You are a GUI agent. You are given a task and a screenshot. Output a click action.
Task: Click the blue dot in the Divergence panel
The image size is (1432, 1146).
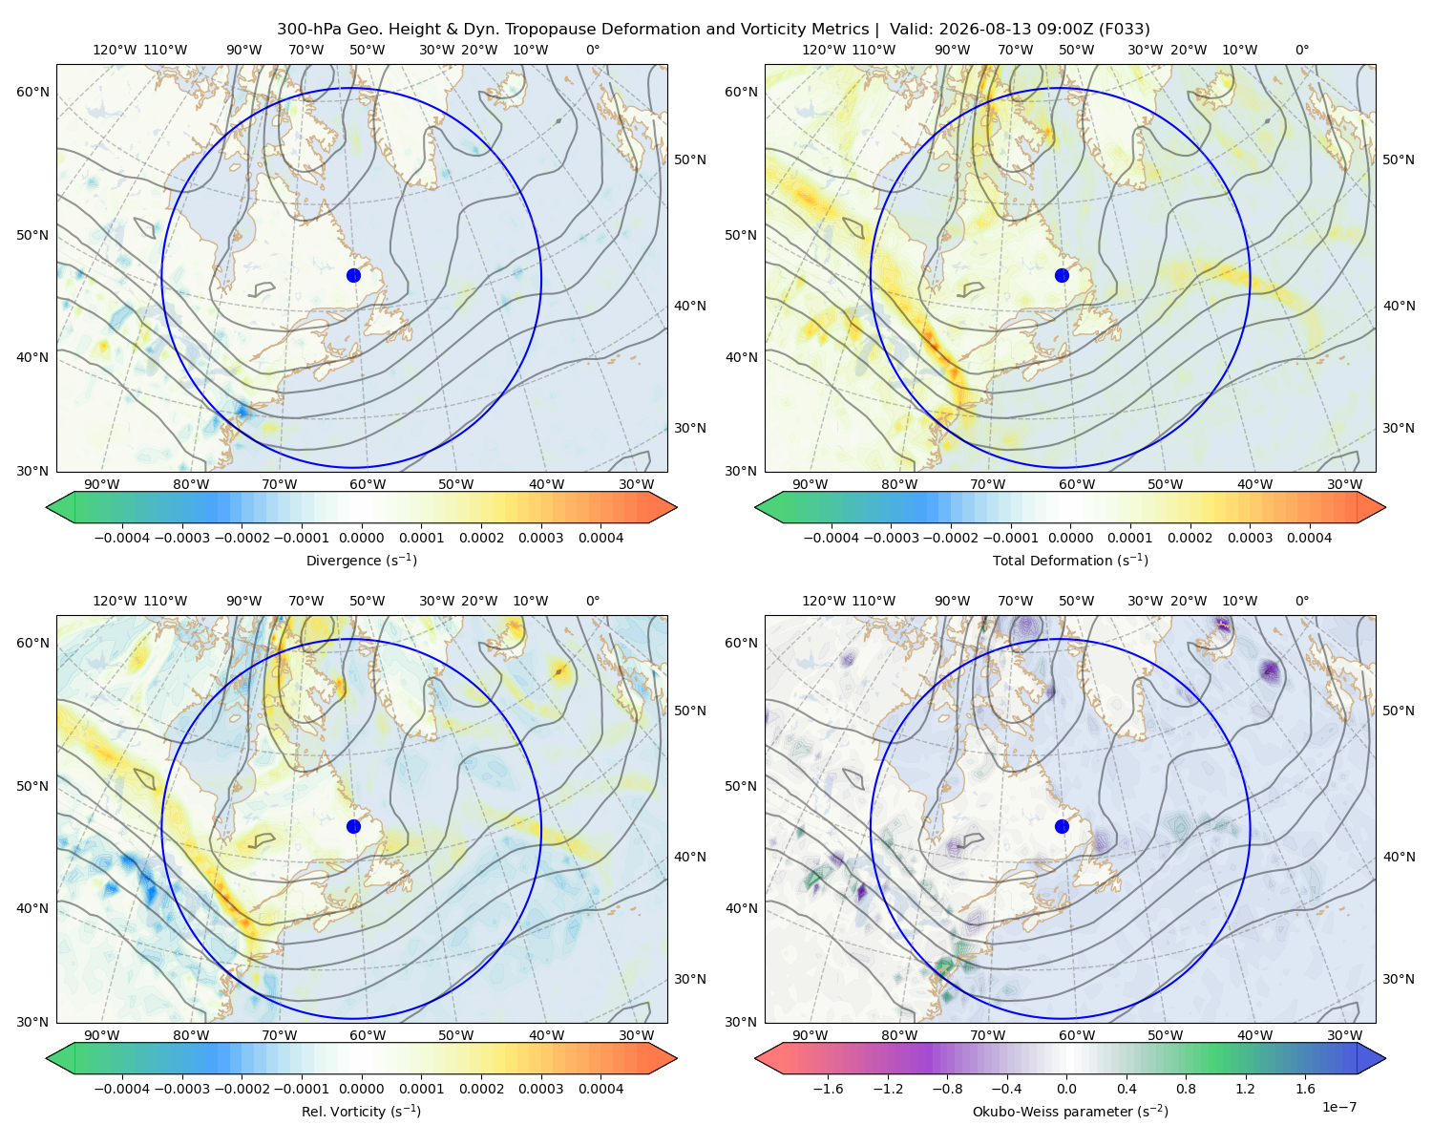click(x=353, y=275)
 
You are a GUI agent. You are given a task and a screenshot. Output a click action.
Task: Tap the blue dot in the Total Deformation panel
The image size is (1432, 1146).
click(x=1062, y=275)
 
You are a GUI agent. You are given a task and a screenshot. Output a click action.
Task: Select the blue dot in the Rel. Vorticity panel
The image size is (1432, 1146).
click(x=353, y=826)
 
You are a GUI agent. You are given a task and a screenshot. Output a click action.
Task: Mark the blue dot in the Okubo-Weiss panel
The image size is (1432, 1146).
click(x=1062, y=826)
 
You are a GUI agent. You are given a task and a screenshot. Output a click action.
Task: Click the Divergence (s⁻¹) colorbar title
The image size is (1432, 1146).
click(x=361, y=561)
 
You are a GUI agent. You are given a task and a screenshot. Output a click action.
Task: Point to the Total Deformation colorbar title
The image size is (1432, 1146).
click(x=1070, y=561)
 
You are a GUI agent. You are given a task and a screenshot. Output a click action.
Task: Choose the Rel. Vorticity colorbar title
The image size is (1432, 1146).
click(x=361, y=1112)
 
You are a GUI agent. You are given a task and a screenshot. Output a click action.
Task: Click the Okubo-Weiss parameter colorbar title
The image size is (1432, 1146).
click(x=1070, y=1112)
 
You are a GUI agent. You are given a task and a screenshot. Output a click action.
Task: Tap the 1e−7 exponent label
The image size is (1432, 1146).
click(x=1338, y=1108)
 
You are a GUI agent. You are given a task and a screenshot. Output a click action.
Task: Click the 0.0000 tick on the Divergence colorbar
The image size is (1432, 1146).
click(x=361, y=538)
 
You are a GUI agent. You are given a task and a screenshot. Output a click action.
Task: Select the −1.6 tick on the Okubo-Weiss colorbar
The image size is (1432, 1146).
click(x=828, y=1089)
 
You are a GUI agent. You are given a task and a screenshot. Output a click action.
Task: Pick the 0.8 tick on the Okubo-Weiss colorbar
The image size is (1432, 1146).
click(x=1186, y=1089)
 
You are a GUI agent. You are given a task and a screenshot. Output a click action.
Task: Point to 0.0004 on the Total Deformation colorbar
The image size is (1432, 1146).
click(x=1309, y=538)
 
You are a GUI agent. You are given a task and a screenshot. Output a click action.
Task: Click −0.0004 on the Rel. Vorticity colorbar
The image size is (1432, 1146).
click(x=122, y=1089)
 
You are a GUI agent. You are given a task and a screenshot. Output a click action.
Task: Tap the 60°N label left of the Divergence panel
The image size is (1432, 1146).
click(x=32, y=92)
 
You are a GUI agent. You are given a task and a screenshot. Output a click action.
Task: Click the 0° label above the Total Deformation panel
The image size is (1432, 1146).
click(x=1301, y=50)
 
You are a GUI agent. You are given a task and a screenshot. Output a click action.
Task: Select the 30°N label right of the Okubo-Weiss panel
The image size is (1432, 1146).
click(x=1399, y=979)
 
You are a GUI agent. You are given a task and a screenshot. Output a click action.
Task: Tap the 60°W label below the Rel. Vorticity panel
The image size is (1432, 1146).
click(x=368, y=1035)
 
